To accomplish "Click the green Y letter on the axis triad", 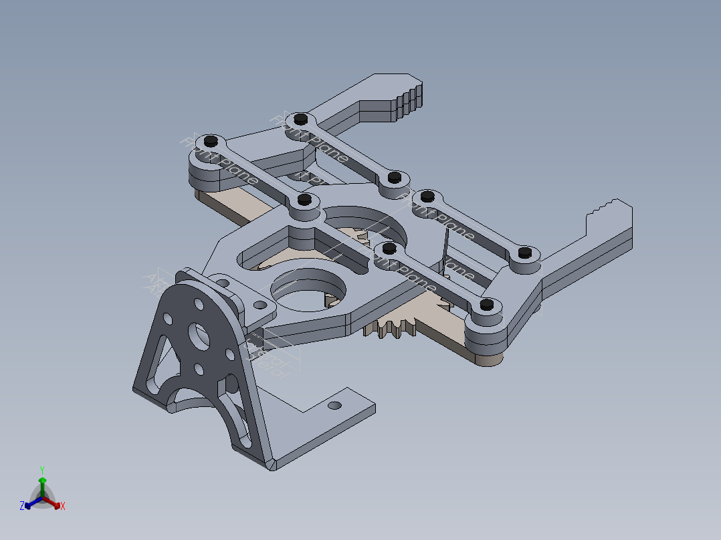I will point(41,469).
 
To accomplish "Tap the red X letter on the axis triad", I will point(63,507).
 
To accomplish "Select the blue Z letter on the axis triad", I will point(22,506).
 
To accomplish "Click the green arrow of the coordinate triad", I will point(42,483).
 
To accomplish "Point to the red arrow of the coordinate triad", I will point(55,503).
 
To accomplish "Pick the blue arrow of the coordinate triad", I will point(30,503).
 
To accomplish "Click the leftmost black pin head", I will point(210,140).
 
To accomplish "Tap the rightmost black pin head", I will point(525,253).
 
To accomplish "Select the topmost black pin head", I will point(300,118).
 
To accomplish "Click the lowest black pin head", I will point(487,304).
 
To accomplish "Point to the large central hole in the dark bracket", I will point(196,332).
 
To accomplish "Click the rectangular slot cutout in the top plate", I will point(268,251).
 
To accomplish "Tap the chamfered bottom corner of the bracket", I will point(273,464).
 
